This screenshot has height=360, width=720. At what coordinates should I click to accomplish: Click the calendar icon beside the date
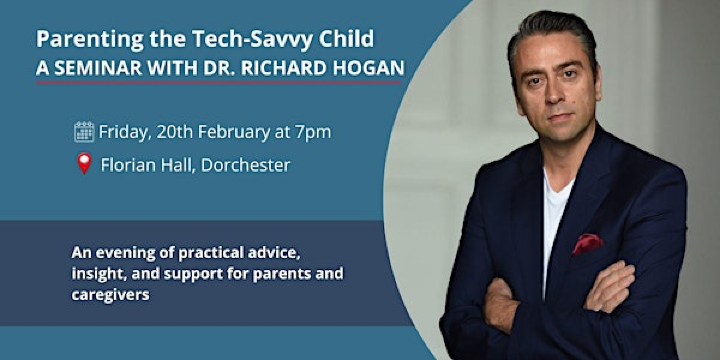pos(84,131)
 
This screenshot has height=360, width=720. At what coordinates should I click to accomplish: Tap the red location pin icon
pos(84,164)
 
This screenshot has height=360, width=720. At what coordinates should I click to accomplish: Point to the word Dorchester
pos(244,165)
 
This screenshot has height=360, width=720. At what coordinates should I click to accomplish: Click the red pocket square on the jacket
pos(587,243)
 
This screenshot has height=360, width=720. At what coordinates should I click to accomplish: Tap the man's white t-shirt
pos(552,215)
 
